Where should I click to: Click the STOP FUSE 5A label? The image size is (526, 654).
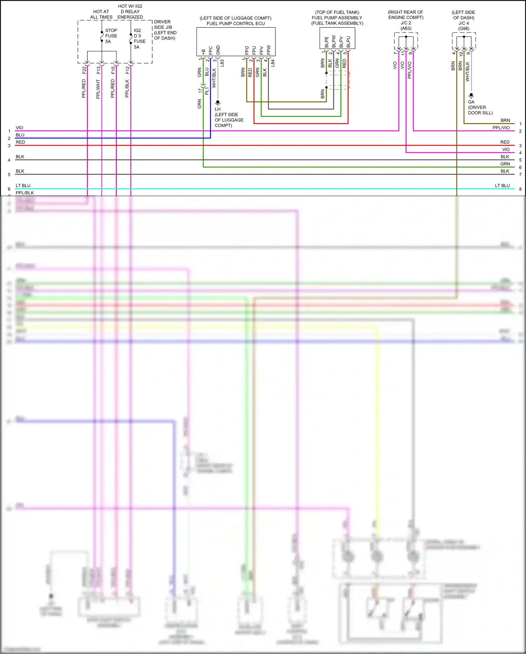click(111, 36)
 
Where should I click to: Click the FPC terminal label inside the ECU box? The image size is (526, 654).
click(211, 50)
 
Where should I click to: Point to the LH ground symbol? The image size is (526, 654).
click(218, 103)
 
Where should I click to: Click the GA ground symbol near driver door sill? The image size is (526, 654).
click(471, 95)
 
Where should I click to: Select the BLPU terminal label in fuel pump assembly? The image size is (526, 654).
click(348, 42)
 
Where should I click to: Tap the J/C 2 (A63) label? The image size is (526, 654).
click(406, 26)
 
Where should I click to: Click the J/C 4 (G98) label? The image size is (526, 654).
click(464, 26)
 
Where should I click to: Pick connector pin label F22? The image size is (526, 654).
click(84, 70)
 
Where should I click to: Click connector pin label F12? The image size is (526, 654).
click(128, 70)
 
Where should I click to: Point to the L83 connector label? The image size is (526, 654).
click(222, 63)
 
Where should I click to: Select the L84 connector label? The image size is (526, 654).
click(273, 63)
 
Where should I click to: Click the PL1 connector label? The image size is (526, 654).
click(207, 91)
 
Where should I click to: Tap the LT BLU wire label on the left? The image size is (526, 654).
click(23, 186)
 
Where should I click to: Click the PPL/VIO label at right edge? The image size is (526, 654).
click(501, 128)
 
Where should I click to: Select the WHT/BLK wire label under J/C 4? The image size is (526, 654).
click(467, 72)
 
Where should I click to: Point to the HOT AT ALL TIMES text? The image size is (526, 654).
click(101, 14)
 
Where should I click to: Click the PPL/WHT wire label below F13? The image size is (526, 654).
click(98, 89)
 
